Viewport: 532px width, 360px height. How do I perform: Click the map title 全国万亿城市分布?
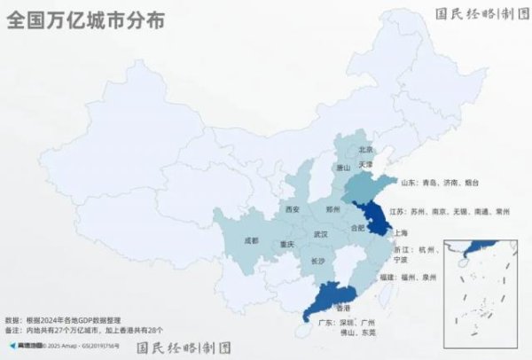85,22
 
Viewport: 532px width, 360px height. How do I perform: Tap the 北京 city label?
366,150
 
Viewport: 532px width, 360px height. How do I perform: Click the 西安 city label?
293,209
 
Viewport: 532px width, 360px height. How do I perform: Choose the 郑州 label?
332,209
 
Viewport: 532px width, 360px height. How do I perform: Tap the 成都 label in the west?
250,239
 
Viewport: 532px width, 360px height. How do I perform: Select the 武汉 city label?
320,234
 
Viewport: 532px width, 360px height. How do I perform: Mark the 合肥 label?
357,227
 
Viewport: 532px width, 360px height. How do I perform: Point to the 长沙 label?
317,262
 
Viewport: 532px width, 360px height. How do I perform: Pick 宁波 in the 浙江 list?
400,260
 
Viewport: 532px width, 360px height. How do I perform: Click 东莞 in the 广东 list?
369,333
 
